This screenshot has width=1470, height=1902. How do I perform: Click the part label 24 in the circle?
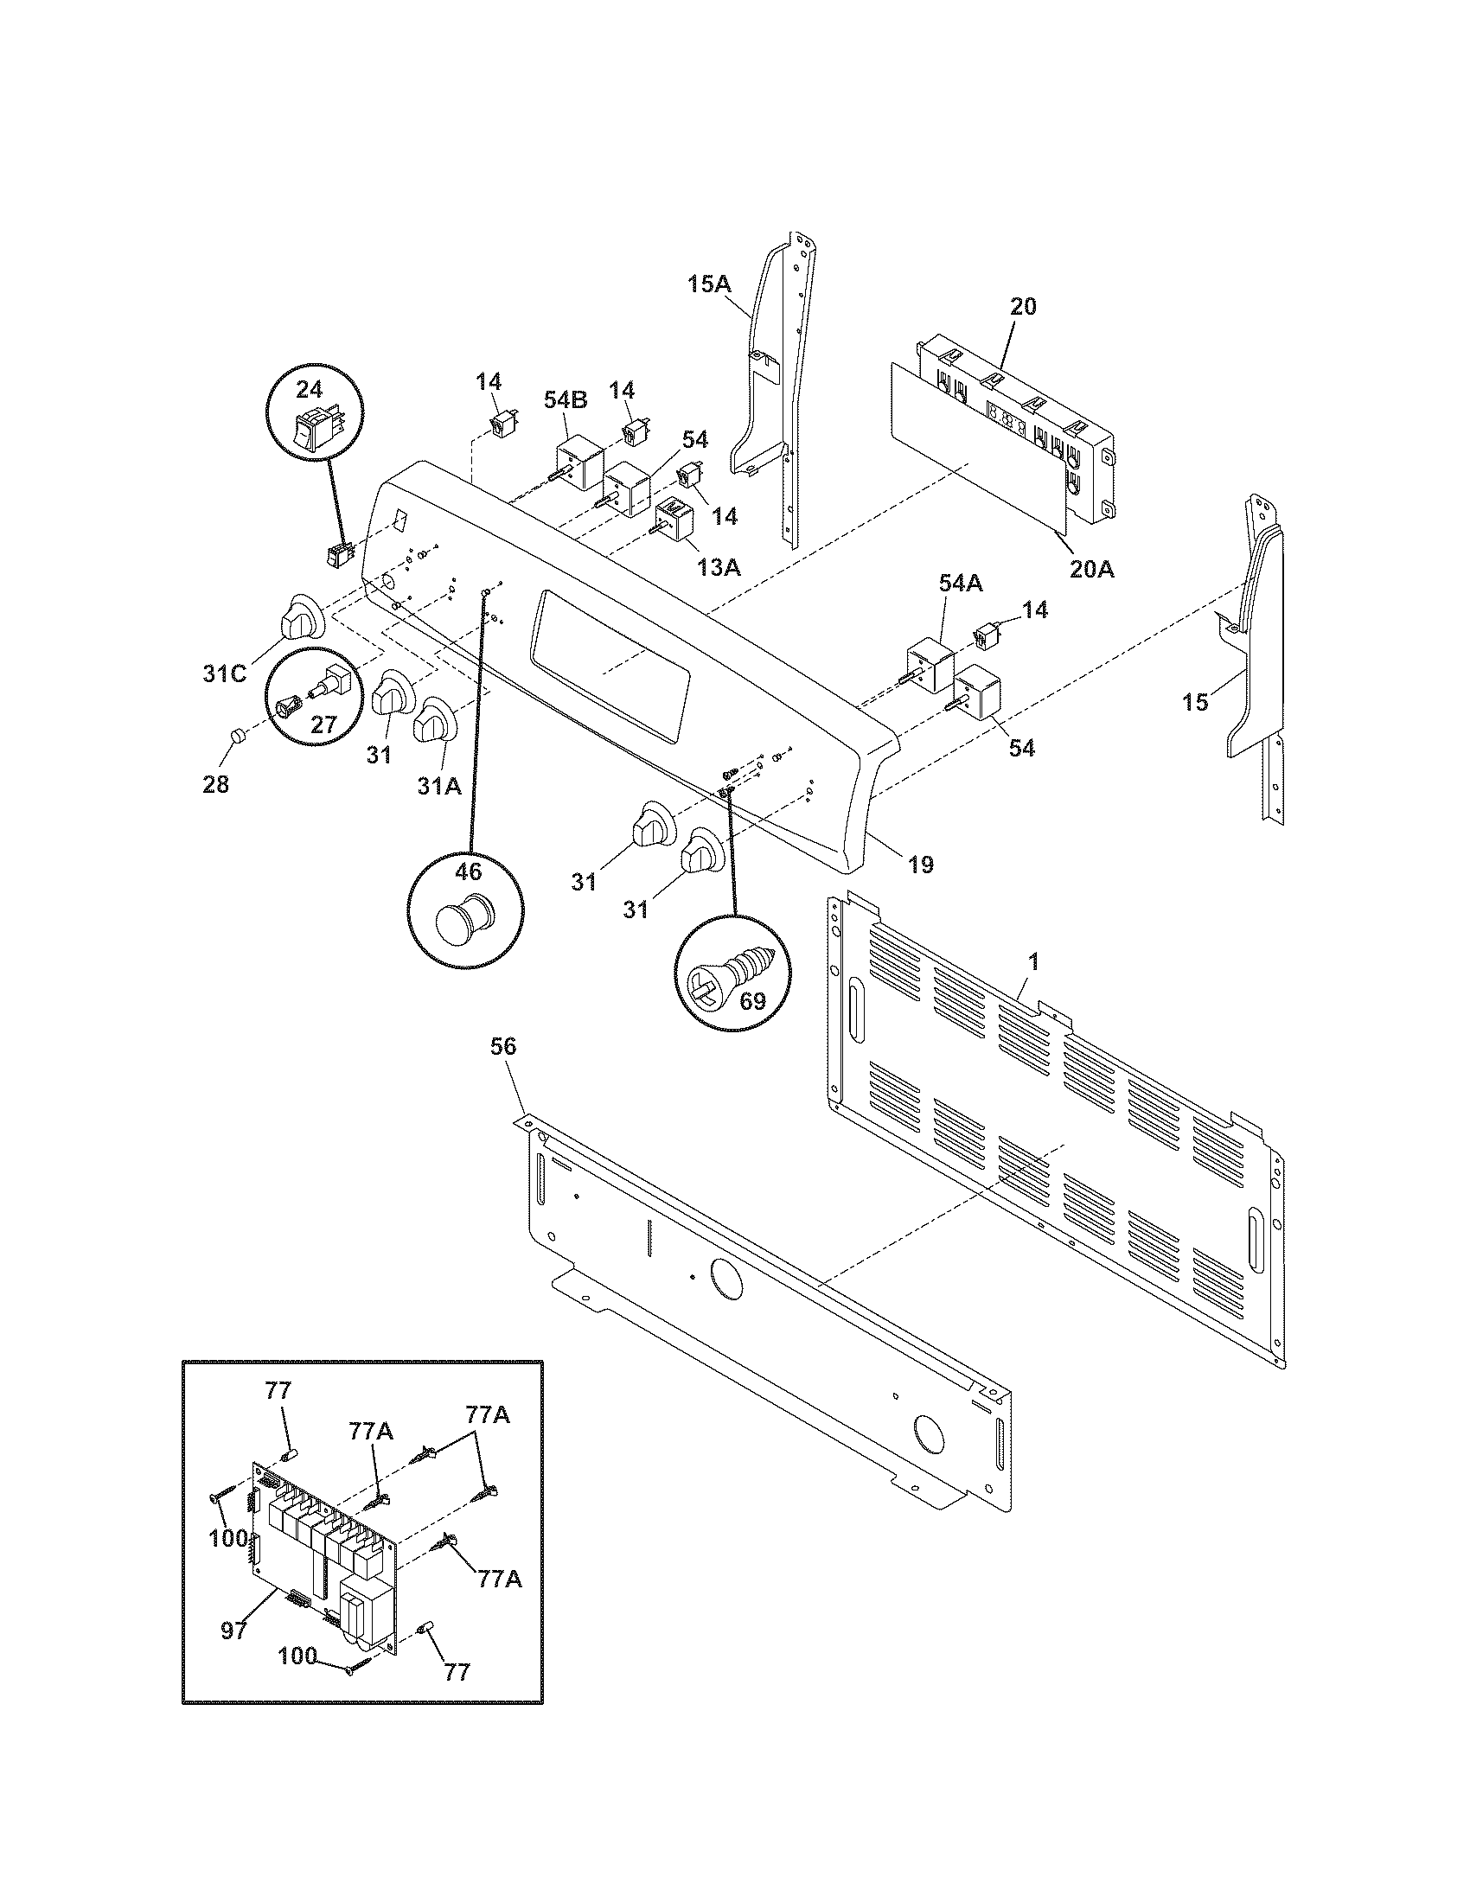click(x=310, y=388)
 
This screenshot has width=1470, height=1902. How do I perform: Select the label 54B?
click(x=566, y=399)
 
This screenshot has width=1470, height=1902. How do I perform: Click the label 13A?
click(x=719, y=567)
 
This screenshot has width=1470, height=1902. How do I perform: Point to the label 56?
click(x=503, y=1046)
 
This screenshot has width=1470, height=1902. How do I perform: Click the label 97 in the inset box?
click(x=233, y=1629)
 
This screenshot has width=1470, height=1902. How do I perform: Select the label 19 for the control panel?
click(x=922, y=864)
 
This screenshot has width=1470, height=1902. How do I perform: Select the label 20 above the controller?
click(x=1023, y=306)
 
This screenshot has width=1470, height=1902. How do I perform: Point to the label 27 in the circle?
click(x=323, y=724)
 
